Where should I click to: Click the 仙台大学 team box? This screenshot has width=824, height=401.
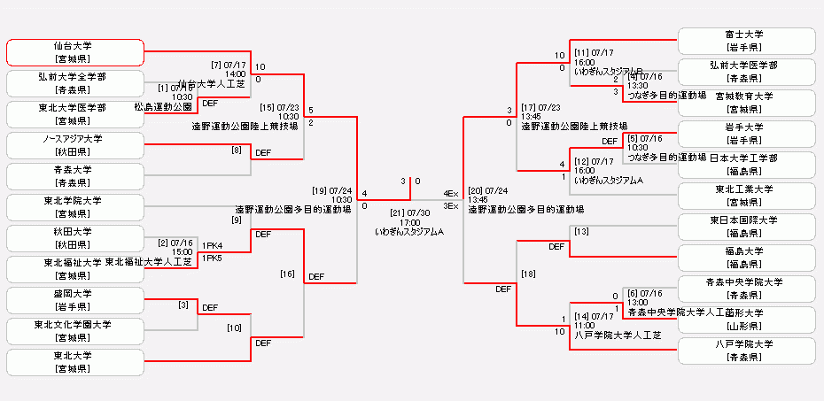coord(74,52)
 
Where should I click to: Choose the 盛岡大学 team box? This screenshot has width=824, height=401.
coord(74,300)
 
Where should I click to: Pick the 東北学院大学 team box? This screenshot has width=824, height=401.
coord(74,207)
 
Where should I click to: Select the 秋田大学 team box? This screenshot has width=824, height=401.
coord(74,238)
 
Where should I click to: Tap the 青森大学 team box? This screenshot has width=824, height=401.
coord(74,176)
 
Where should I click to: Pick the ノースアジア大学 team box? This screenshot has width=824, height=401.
coord(74,145)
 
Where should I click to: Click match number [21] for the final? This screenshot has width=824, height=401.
coord(399,212)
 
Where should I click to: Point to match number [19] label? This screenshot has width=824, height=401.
coord(320,189)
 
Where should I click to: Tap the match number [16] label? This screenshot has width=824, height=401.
coord(287,274)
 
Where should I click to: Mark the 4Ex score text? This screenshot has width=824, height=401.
coord(451,193)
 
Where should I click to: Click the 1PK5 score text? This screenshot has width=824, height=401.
coord(213,258)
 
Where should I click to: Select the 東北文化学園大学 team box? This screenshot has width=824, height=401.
coord(74,331)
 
